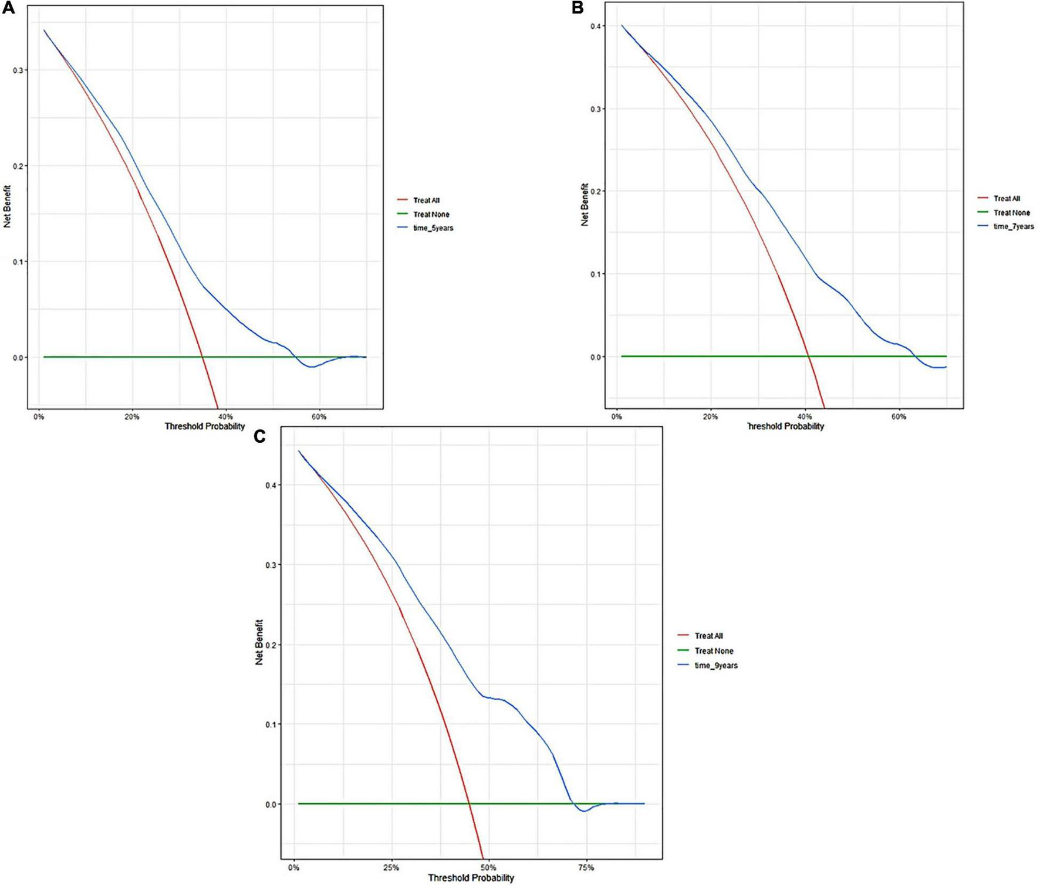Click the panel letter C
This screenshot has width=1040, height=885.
[x=259, y=436]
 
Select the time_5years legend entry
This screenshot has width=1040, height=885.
[x=433, y=228]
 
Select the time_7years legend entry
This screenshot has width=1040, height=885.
[x=1014, y=226]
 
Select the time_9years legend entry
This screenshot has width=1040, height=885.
[x=715, y=666]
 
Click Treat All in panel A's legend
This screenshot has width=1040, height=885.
[x=426, y=201]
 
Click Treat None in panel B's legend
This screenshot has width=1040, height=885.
[x=1011, y=213]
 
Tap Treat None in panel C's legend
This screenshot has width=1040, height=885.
[x=714, y=651]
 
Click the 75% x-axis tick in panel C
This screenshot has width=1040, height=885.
[x=586, y=867]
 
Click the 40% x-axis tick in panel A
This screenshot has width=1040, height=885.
[x=226, y=417]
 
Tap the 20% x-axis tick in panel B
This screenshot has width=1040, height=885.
[x=711, y=417]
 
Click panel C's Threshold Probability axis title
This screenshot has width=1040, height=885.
[x=471, y=878]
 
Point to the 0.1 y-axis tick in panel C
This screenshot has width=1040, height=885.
[x=271, y=724]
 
